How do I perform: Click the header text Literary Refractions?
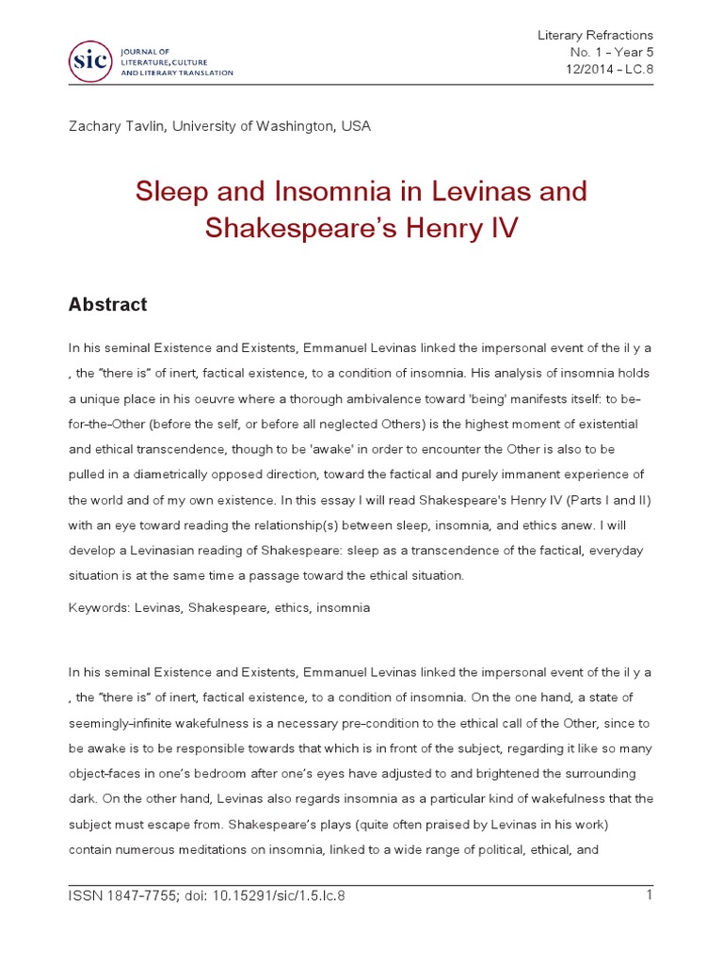pos(594,35)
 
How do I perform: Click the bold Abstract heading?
pos(107,305)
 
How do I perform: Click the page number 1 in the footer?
pos(650,895)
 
